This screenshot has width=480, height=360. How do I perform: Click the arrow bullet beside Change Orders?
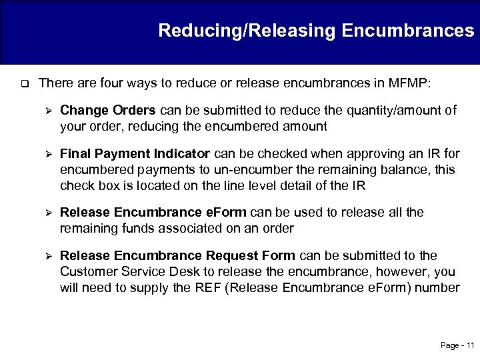click(x=47, y=110)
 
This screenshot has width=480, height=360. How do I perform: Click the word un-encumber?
click(x=243, y=170)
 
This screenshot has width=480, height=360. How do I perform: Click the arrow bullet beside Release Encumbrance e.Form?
click(x=47, y=213)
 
